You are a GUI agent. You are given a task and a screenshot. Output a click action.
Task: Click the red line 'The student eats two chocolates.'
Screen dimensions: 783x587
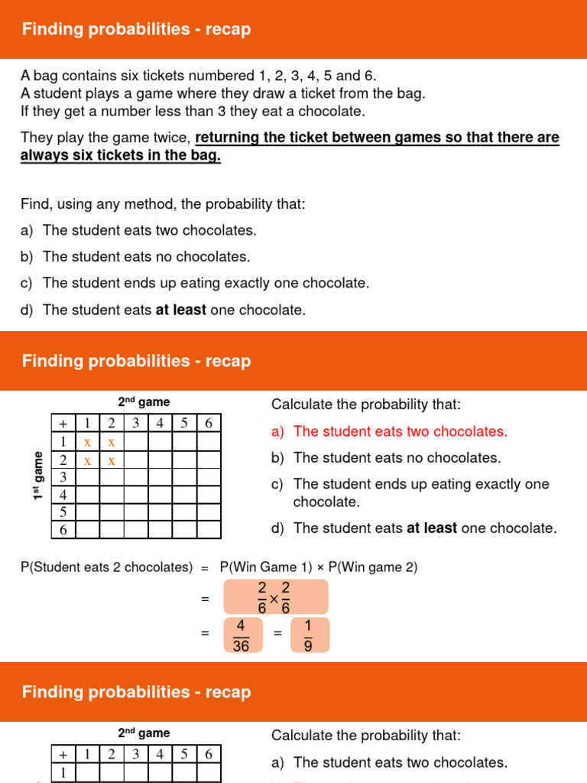pyautogui.click(x=400, y=431)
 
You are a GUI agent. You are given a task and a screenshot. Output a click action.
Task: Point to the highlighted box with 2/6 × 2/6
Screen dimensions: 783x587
pyautogui.click(x=275, y=596)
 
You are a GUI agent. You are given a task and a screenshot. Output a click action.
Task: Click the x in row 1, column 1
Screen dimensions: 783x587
pyautogui.click(x=87, y=442)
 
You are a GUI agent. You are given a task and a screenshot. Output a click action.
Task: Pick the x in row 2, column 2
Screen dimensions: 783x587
pyautogui.click(x=112, y=460)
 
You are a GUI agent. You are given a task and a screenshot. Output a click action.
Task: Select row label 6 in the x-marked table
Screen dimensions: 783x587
pyautogui.click(x=63, y=530)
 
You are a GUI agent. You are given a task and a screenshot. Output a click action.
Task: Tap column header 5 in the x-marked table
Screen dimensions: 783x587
pyautogui.click(x=185, y=423)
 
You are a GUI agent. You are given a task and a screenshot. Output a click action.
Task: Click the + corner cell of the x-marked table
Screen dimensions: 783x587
pyautogui.click(x=63, y=423)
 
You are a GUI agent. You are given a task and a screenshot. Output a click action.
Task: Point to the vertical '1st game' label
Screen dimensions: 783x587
pyautogui.click(x=37, y=476)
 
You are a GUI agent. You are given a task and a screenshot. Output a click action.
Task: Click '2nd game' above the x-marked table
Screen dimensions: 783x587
pyautogui.click(x=144, y=402)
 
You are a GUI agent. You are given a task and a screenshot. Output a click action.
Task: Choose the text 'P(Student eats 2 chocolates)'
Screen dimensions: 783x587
pyautogui.click(x=106, y=567)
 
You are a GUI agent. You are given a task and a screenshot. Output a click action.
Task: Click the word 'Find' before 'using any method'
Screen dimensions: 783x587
pyautogui.click(x=34, y=204)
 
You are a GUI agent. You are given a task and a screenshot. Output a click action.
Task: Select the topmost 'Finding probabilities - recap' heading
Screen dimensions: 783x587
pyautogui.click(x=136, y=30)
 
